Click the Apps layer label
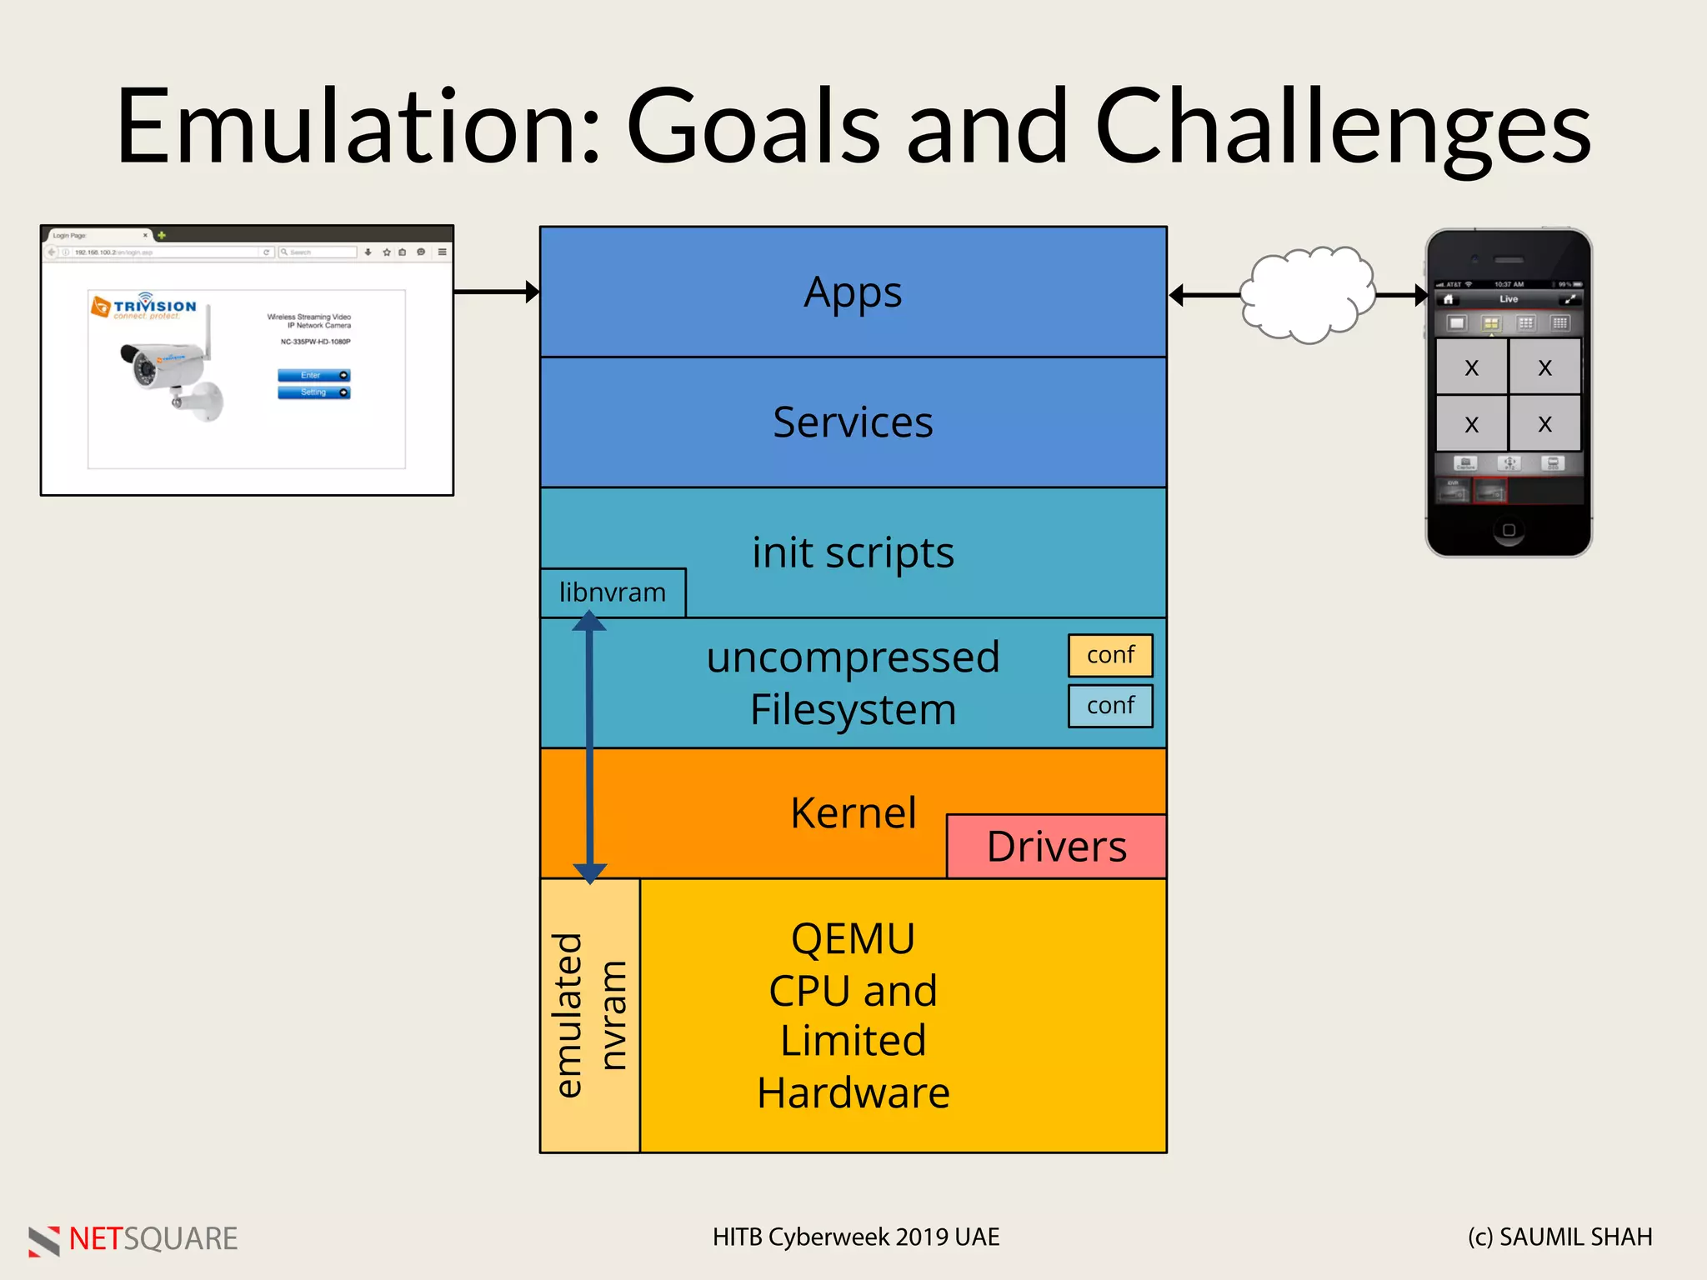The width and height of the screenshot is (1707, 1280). point(853,292)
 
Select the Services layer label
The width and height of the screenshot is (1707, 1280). point(853,422)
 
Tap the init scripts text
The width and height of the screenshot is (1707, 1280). point(853,552)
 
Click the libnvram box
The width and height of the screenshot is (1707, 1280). point(613,592)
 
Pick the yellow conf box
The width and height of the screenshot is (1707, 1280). point(1110,655)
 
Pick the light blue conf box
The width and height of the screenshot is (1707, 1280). point(1110,706)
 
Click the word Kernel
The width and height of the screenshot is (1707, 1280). point(853,812)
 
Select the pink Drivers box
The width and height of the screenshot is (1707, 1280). point(1056,847)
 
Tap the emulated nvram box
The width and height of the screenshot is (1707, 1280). point(589,1015)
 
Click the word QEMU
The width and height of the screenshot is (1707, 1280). point(853,939)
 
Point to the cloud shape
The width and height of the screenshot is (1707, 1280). point(1306,294)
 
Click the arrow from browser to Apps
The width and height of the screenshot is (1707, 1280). point(496,292)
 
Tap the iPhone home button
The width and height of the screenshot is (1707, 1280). point(1509,530)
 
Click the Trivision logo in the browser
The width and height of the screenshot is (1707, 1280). point(144,307)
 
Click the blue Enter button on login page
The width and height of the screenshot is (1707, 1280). point(313,375)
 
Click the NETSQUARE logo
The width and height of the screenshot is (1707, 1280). point(133,1239)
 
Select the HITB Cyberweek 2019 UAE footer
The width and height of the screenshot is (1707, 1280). point(855,1237)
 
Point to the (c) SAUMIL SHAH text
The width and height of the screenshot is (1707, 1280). point(1559,1237)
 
